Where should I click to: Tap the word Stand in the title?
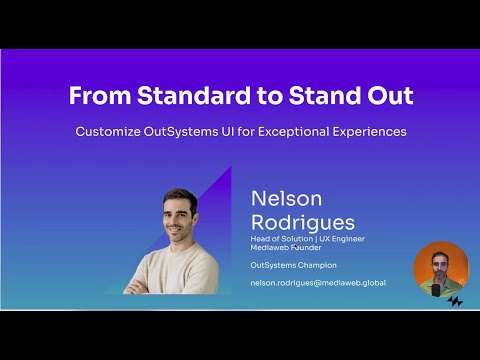pos(323,97)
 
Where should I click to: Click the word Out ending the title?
pos(390,97)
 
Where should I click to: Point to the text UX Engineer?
pos(349,238)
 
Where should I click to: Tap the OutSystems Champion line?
pos(293,265)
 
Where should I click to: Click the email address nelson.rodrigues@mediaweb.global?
pos(318,283)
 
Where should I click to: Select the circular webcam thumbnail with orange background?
pos(441,269)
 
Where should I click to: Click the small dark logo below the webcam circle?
pos(455,300)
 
